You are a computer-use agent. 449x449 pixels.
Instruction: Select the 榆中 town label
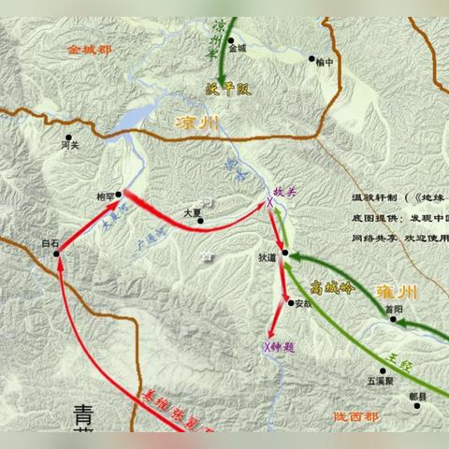pyautogui.click(x=325, y=62)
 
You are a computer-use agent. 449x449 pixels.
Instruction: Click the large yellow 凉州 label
pyautogui.click(x=198, y=123)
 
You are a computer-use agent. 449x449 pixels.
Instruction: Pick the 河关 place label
pyautogui.click(x=69, y=145)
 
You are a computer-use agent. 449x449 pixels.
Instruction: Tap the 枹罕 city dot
pyautogui.click(x=120, y=187)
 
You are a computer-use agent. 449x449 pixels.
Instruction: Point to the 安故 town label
pyautogui.click(x=300, y=302)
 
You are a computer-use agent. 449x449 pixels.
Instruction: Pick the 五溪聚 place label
pyautogui.click(x=379, y=381)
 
